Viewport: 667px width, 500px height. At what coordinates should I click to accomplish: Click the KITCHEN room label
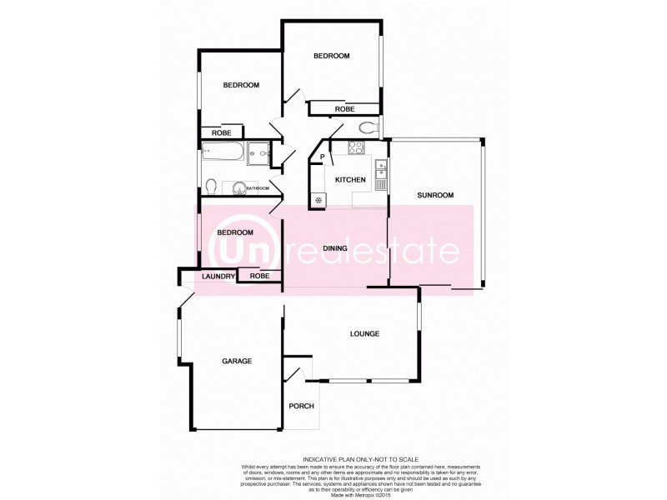click(350, 180)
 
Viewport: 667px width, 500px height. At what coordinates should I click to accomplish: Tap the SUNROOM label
click(435, 195)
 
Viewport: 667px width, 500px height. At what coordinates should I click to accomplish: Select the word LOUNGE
click(364, 333)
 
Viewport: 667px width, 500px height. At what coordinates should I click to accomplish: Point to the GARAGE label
click(237, 361)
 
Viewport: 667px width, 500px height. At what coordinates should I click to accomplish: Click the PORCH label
click(301, 407)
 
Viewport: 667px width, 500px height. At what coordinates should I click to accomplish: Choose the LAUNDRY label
click(218, 276)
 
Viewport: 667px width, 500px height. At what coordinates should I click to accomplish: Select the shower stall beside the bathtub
click(258, 152)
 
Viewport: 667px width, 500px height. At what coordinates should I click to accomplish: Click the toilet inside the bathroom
click(212, 185)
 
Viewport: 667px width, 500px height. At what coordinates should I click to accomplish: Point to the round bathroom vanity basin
click(238, 187)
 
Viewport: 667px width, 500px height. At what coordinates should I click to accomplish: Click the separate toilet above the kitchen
click(366, 128)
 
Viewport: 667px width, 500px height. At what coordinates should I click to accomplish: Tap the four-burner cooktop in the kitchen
click(355, 149)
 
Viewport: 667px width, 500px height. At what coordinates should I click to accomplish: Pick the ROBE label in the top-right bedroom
click(344, 109)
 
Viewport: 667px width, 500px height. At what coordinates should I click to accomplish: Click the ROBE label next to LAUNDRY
click(259, 276)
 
